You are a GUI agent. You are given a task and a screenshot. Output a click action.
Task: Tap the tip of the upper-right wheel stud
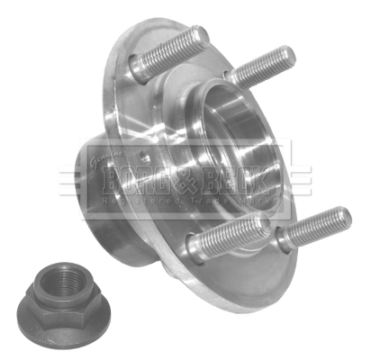(287, 56)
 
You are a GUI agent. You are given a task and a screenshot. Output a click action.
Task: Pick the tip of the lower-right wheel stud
(343, 217)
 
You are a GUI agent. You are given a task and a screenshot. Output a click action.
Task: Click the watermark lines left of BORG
(77, 187)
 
